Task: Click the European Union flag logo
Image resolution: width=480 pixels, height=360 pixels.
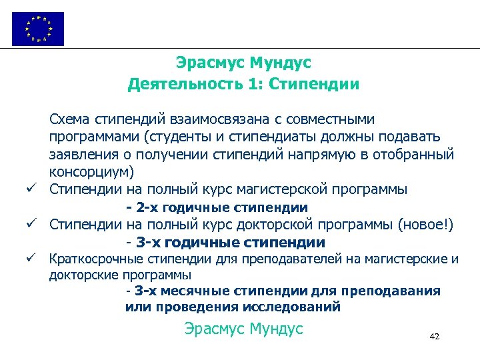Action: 38,29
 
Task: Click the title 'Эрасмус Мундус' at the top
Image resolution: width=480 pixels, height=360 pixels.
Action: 243,63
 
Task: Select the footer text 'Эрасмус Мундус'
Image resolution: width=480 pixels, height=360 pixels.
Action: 243,329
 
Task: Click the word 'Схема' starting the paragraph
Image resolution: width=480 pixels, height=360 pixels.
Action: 69,119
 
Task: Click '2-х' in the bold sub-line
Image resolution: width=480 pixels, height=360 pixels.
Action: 147,207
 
